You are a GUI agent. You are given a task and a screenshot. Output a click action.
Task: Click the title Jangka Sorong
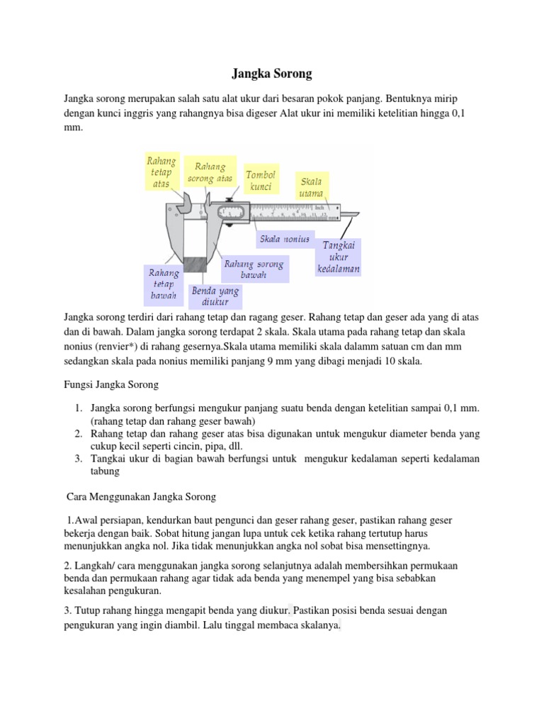pyautogui.click(x=272, y=74)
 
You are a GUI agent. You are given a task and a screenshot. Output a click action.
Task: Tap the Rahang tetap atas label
pyautogui.click(x=161, y=172)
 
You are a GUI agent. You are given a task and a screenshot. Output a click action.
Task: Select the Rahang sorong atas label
pyautogui.click(x=210, y=172)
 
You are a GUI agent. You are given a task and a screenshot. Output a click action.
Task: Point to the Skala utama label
pyautogui.click(x=310, y=187)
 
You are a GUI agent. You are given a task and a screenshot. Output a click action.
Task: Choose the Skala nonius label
pyautogui.click(x=285, y=239)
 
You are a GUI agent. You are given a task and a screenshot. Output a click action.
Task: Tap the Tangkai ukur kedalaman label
pyautogui.click(x=339, y=257)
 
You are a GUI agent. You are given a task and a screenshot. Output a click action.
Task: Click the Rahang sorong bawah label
pyautogui.click(x=253, y=269)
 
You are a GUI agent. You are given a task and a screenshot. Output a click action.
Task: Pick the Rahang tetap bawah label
pyautogui.click(x=164, y=283)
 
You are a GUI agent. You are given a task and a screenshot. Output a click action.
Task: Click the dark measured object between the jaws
pyautogui.click(x=195, y=265)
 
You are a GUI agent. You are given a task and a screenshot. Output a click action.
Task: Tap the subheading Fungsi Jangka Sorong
pyautogui.click(x=110, y=385)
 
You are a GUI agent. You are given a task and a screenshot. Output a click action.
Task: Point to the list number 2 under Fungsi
pyautogui.click(x=79, y=434)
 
